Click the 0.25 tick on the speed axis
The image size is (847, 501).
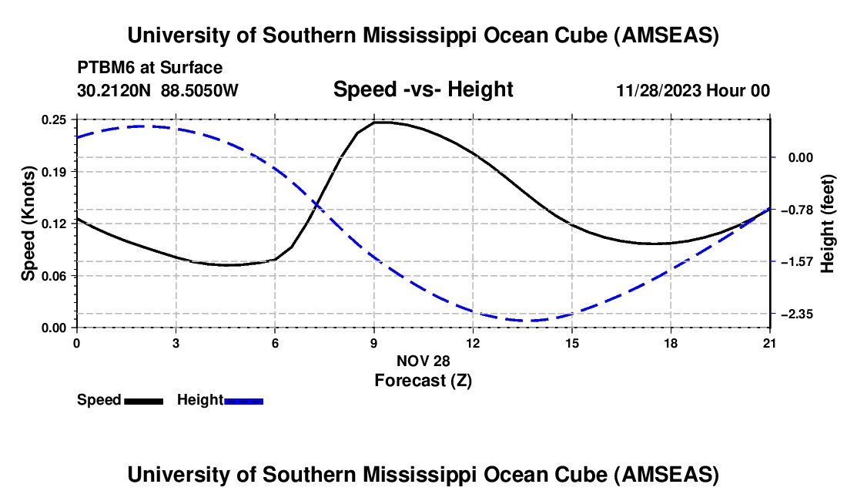pyautogui.click(x=54, y=119)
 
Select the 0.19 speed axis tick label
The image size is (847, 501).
pyautogui.click(x=54, y=171)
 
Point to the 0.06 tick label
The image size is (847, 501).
pyautogui.click(x=54, y=275)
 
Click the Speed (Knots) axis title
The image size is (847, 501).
pyautogui.click(x=28, y=224)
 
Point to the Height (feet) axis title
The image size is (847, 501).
pyautogui.click(x=829, y=224)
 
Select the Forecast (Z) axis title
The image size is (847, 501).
pyautogui.click(x=423, y=380)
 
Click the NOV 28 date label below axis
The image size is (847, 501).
pyautogui.click(x=423, y=361)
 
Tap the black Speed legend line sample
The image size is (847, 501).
pyautogui.click(x=144, y=400)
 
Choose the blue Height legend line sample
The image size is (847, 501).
pyautogui.click(x=244, y=400)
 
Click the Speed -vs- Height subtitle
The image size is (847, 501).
pyautogui.click(x=423, y=89)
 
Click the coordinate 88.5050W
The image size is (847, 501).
pyautogui.click(x=200, y=90)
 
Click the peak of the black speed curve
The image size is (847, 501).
pyautogui.click(x=379, y=122)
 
